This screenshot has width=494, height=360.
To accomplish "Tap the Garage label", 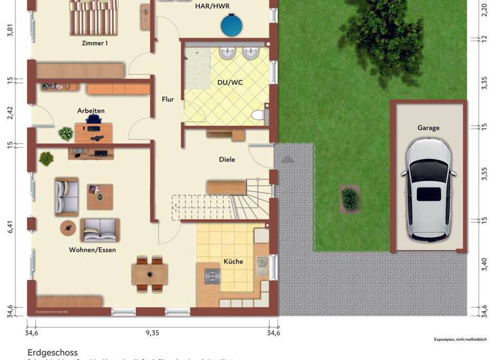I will (428, 128).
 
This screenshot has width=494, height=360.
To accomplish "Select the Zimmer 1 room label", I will (95, 44).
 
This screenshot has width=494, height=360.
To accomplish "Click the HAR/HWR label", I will (213, 8).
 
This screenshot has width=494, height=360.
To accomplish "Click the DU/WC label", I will (230, 83).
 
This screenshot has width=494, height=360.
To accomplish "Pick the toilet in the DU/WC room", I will (259, 116).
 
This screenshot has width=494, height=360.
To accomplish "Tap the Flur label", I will (168, 100).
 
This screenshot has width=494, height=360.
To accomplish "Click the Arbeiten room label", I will (91, 111).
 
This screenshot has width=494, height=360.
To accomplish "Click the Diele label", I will (227, 159).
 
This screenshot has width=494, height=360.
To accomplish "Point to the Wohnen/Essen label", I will (93, 249).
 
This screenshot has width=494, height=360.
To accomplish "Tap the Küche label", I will (233, 262).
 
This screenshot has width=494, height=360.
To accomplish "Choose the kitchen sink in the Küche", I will (262, 262).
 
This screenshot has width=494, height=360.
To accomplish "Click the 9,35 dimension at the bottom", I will (152, 333).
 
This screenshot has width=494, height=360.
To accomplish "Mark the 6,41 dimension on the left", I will (10, 230).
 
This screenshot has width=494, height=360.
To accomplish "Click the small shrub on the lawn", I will (349, 198).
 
